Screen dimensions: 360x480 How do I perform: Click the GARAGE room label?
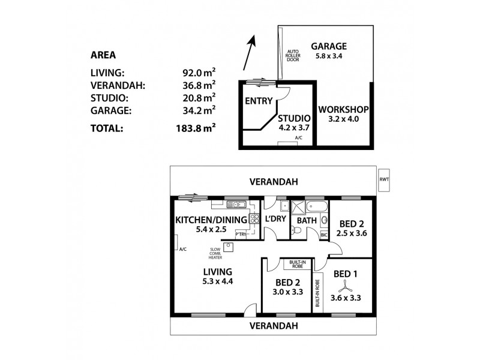pos(329,46)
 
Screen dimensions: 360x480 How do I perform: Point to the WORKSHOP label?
pos(343,110)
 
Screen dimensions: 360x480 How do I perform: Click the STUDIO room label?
pos(293,118)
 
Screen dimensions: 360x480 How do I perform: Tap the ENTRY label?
pos(259,101)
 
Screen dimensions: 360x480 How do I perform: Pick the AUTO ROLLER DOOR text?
pos(293,59)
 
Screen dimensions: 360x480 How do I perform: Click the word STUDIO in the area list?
pos(106,97)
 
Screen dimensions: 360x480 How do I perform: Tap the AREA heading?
pos(102,55)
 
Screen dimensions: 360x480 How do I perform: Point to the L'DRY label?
pos(275,220)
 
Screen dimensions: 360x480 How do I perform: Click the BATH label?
pos(307,220)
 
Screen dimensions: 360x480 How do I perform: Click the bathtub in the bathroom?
pos(317,208)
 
